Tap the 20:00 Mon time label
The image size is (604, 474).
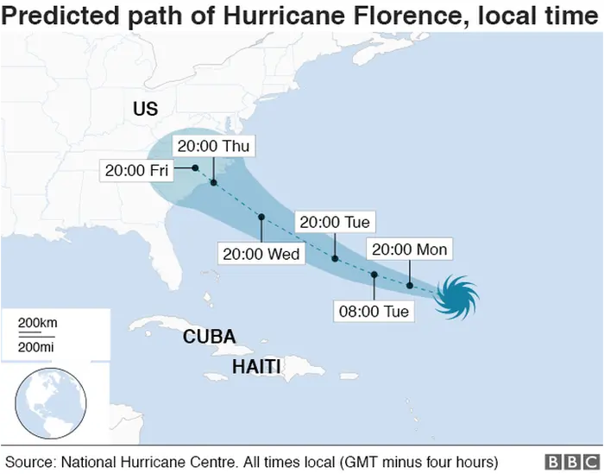click(409, 250)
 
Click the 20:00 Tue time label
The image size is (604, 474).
click(335, 223)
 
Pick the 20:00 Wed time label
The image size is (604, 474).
click(261, 254)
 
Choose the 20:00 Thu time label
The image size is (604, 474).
click(212, 147)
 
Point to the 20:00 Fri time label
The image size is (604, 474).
click(136, 170)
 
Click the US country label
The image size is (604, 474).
click(145, 109)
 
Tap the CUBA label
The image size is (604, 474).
click(209, 337)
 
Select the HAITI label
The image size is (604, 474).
click(256, 367)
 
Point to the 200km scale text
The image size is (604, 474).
click(38, 323)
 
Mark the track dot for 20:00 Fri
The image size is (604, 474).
click(196, 167)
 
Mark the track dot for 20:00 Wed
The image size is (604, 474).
click(261, 217)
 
